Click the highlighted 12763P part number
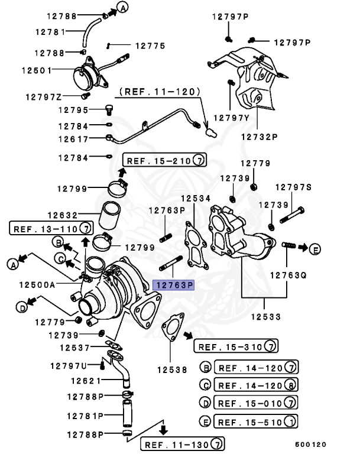(173, 285)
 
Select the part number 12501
(37, 70)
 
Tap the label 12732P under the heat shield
(258, 136)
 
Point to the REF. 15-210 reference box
(164, 160)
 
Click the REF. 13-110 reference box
(51, 228)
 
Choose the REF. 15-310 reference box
(236, 346)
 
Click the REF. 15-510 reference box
(255, 422)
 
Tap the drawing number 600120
(310, 445)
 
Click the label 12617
(73, 140)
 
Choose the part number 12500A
(37, 284)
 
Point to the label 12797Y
(232, 117)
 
